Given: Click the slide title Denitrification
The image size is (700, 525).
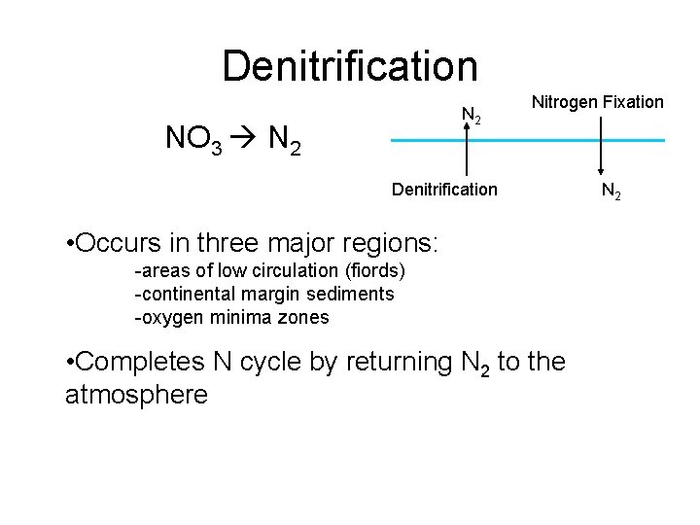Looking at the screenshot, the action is (350, 66).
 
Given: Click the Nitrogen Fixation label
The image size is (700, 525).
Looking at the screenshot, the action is (598, 101).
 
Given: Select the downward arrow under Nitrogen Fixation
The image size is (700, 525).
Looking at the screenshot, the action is (600, 146).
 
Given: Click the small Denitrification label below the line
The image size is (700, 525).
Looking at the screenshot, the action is (443, 189).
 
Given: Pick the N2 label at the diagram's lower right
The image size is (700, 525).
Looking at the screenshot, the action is (612, 192).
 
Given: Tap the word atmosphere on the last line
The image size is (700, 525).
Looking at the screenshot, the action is (136, 395).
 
